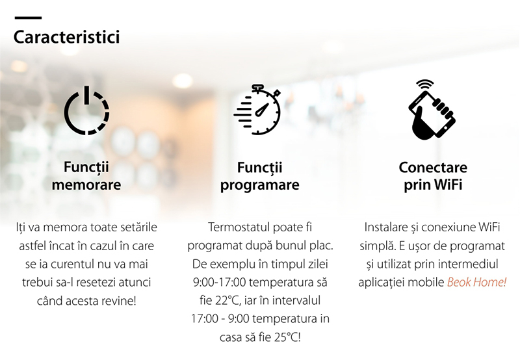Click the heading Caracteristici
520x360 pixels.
click(x=67, y=37)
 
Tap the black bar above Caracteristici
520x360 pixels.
click(x=28, y=18)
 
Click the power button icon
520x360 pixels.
click(x=87, y=110)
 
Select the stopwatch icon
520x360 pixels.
click(x=257, y=109)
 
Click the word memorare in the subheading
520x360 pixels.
click(x=86, y=185)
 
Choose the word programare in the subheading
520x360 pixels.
click(x=259, y=185)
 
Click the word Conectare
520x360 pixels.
click(x=433, y=168)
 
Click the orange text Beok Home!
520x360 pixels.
click(x=476, y=282)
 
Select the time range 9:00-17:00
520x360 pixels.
click(x=220, y=283)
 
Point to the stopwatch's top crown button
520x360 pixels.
click(x=257, y=87)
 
